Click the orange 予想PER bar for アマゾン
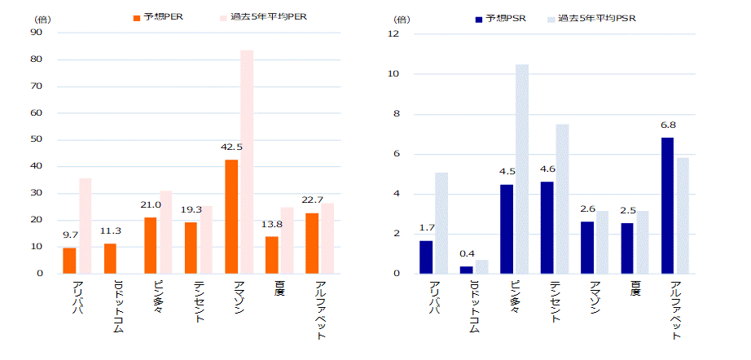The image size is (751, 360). [231, 216]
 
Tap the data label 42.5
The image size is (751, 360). [231, 147]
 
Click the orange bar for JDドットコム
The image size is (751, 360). [110, 258]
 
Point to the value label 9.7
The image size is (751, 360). [70, 235]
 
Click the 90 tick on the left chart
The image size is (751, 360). [37, 33]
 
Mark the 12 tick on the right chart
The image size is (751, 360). [393, 34]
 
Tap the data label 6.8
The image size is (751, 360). [667, 125]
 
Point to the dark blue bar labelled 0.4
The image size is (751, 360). [466, 270]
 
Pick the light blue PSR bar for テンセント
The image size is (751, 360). [562, 199]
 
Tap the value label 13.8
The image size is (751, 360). [271, 224]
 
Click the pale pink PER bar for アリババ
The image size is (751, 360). [85, 226]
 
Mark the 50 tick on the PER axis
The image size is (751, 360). [37, 140]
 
